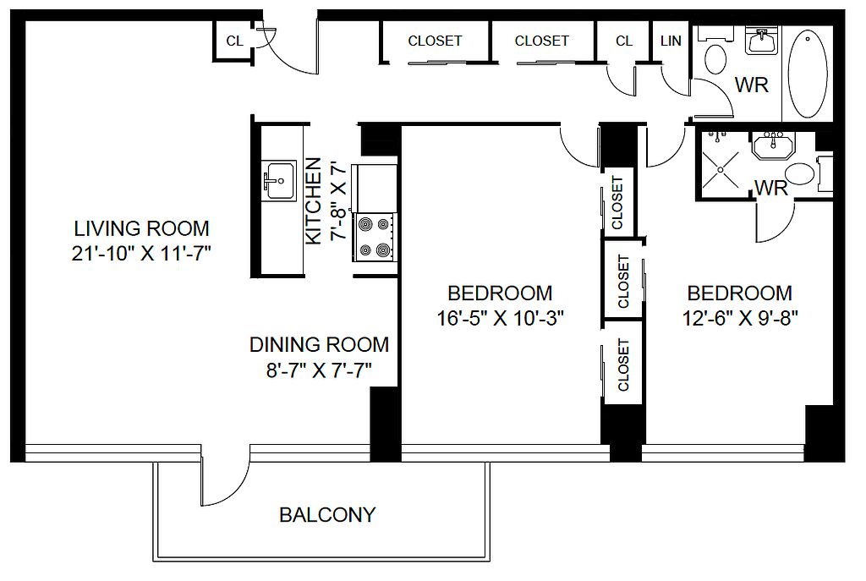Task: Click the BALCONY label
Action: click(327, 515)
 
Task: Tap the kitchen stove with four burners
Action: click(374, 237)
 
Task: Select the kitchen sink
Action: click(278, 181)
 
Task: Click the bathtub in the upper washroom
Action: click(807, 74)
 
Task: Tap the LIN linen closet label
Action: click(671, 41)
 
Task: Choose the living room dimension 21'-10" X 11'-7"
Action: click(141, 254)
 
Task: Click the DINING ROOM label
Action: click(319, 344)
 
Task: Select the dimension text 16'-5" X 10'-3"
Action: click(500, 318)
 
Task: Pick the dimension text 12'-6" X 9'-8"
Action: click(740, 318)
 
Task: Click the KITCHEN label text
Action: click(313, 201)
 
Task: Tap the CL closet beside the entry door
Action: click(234, 41)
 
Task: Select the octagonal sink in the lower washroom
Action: click(773, 145)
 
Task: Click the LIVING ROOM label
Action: click(141, 228)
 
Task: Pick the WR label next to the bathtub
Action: click(751, 85)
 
